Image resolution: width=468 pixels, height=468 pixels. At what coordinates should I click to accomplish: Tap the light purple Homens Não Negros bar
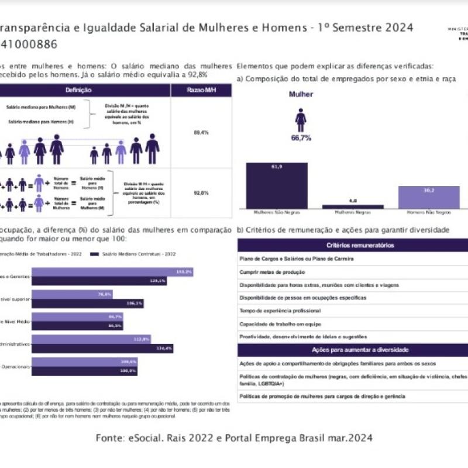(429, 197)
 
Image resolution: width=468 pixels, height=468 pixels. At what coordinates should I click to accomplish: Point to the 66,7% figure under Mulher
(301, 139)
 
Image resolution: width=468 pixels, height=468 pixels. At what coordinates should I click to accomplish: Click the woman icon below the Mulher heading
(301, 119)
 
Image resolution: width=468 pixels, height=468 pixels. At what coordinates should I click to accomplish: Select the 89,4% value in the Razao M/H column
(201, 133)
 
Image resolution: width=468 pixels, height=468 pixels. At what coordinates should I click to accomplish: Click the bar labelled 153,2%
(111, 273)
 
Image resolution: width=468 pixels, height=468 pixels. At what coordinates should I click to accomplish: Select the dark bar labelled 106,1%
(88, 304)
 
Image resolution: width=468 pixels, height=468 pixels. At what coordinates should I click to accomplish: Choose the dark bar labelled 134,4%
(102, 348)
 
